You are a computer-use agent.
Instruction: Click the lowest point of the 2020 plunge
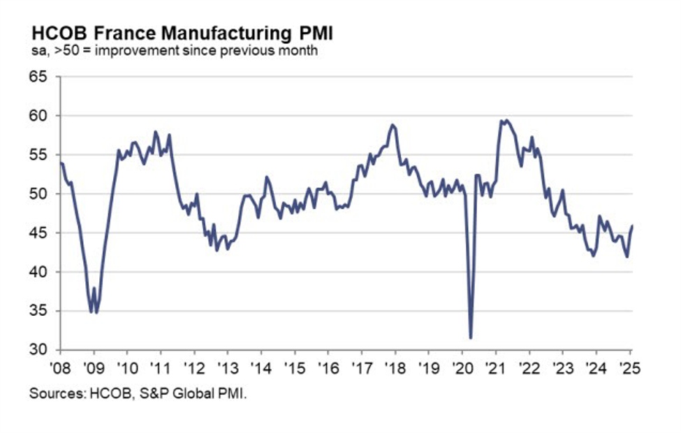tap(471, 338)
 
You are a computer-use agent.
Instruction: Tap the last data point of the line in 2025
tap(632, 225)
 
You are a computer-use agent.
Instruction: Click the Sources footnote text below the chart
tap(138, 394)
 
